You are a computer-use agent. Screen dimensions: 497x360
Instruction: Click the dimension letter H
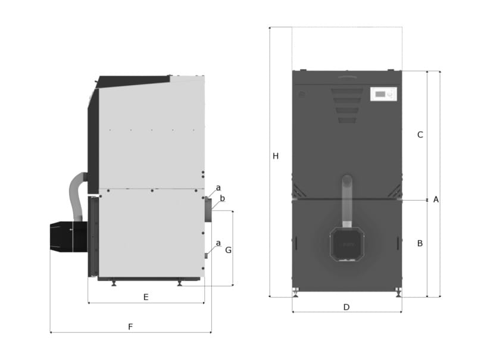pos(276,156)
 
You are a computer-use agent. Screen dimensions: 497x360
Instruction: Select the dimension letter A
pos(436,199)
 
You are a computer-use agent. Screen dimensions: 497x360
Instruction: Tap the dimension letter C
pos(420,134)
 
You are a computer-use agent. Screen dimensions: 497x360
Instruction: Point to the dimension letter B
pos(420,243)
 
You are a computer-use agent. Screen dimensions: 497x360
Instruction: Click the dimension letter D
pos(346,307)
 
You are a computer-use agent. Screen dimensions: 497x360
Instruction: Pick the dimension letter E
pos(146,297)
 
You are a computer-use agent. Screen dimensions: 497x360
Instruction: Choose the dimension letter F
pos(130,327)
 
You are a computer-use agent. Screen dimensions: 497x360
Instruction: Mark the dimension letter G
pos(228,250)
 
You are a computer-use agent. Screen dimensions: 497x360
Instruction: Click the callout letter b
pos(222,198)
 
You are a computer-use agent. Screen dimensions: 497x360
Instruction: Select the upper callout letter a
pos(218,188)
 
